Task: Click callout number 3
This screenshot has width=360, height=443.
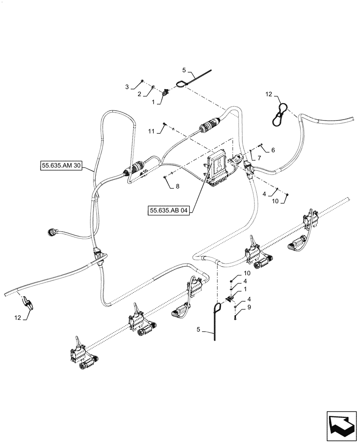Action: (127, 87)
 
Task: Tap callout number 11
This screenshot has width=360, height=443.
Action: (151, 132)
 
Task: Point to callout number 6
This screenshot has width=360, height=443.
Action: (273, 150)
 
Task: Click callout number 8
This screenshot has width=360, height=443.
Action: (177, 187)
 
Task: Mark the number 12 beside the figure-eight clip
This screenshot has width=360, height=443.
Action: (269, 94)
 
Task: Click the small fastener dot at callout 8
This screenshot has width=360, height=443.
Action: (165, 177)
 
